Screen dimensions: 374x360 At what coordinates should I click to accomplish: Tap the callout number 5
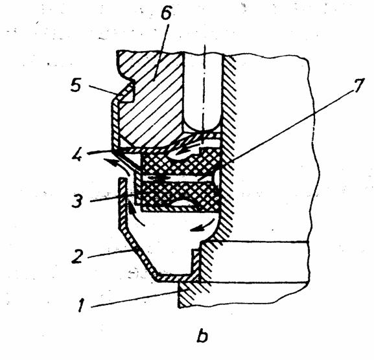pos(76,85)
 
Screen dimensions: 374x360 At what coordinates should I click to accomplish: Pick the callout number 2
pos(77,256)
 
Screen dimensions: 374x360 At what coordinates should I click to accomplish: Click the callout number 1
pos(81,305)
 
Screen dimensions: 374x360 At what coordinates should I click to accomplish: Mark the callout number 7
pos(358,85)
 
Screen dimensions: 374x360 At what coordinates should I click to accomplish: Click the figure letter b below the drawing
pos(202,337)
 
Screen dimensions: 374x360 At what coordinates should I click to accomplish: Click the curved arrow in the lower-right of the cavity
pos(202,225)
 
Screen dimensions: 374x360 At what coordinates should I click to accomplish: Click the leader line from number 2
pos(110,254)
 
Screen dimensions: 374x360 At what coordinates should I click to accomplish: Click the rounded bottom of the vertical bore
pos(202,126)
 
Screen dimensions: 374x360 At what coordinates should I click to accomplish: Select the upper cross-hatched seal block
pos(180,163)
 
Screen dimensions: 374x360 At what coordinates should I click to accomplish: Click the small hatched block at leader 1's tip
pos(189,295)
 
